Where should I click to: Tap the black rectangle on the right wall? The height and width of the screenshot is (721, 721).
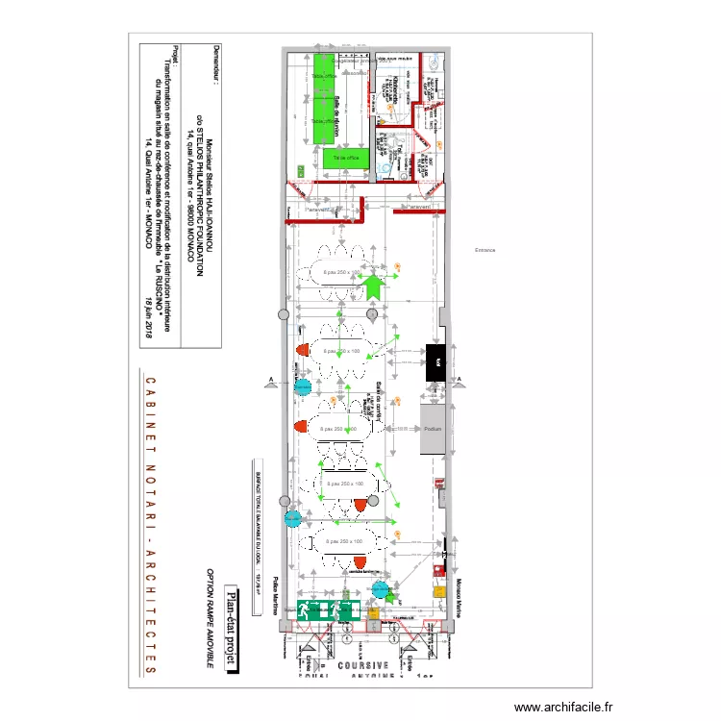coord(435,360)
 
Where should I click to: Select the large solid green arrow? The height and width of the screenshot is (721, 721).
coord(373,283)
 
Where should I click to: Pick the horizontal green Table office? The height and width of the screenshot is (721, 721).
coord(346,156)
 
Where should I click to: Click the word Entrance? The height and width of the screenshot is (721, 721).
coord(484,250)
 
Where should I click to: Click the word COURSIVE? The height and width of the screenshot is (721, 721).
coord(363,664)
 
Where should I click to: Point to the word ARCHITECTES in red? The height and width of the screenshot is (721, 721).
coord(150,614)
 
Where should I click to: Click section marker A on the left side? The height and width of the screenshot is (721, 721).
coord(273,381)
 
